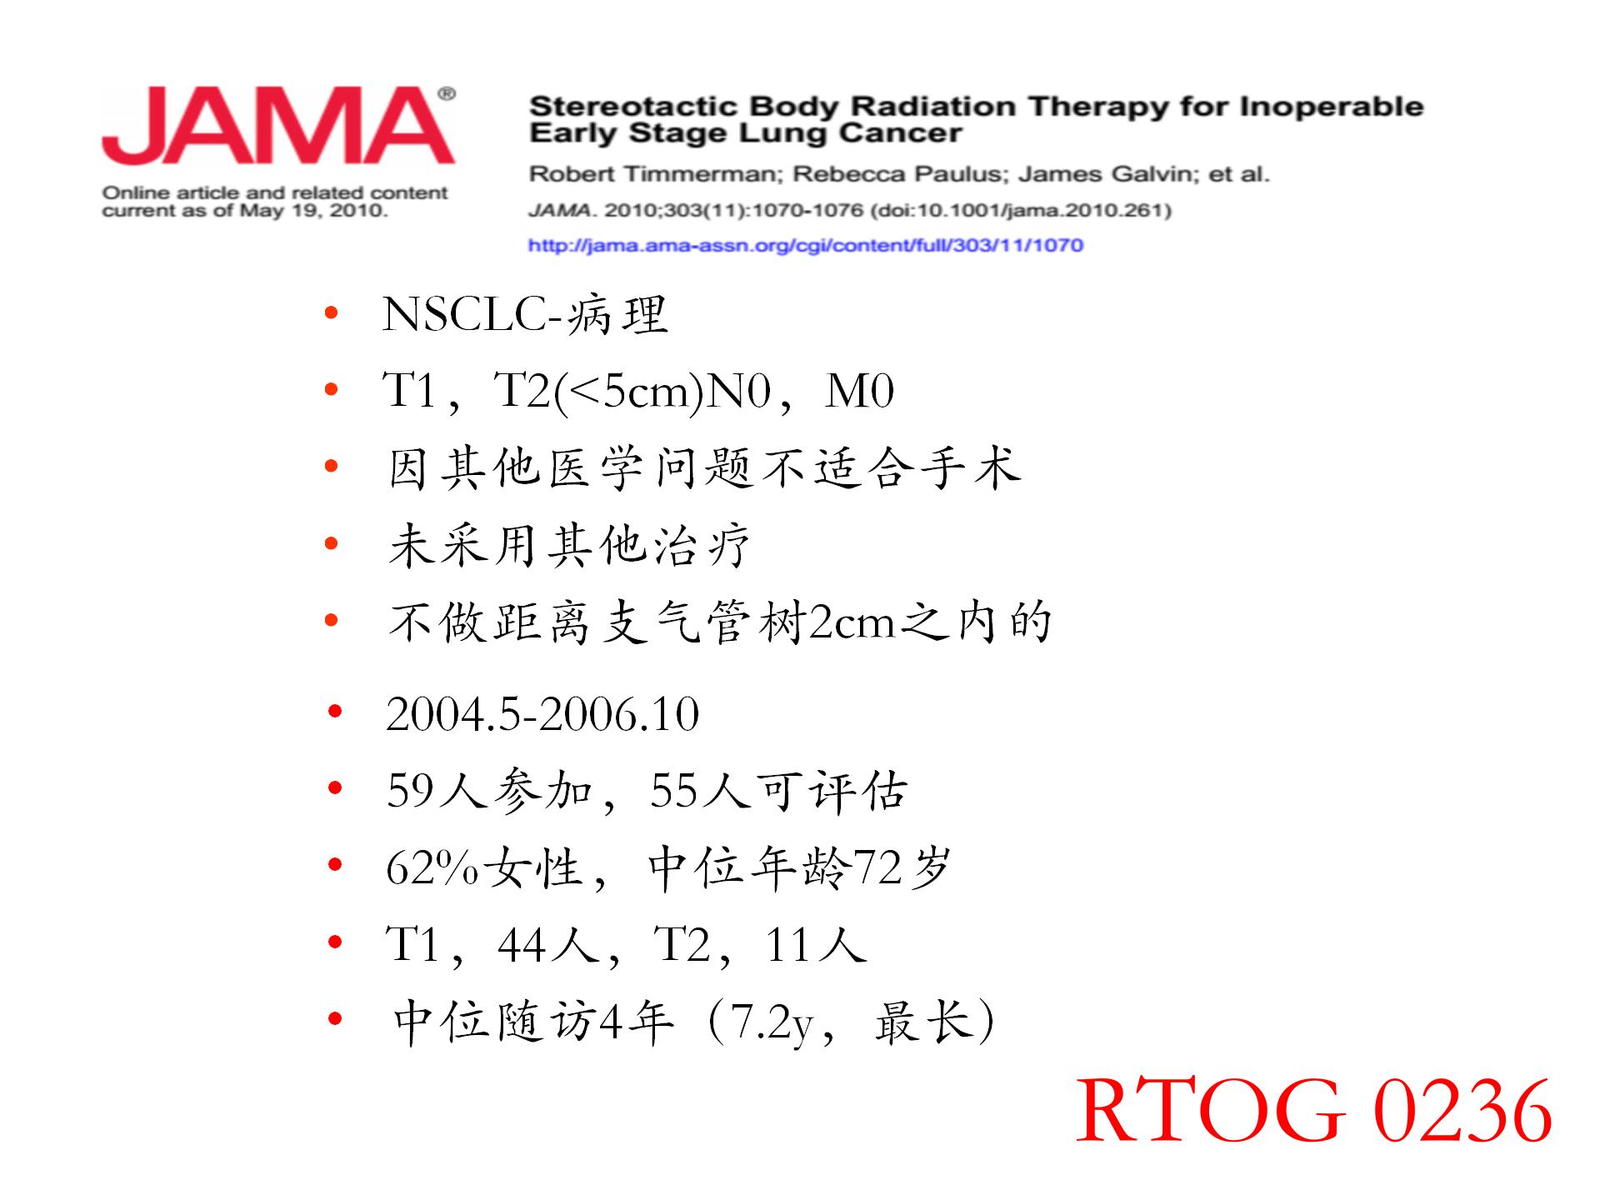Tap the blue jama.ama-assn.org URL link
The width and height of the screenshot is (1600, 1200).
click(806, 245)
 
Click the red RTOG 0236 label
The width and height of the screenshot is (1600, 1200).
click(1314, 1110)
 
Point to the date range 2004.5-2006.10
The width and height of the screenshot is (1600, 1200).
click(542, 714)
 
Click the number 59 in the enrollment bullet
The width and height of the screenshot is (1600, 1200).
click(412, 791)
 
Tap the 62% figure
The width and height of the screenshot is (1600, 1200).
click(433, 868)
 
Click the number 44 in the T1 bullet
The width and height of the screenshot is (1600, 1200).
click(522, 945)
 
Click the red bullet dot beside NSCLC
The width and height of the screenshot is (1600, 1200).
click(332, 313)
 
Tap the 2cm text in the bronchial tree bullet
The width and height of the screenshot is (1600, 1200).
click(852, 622)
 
